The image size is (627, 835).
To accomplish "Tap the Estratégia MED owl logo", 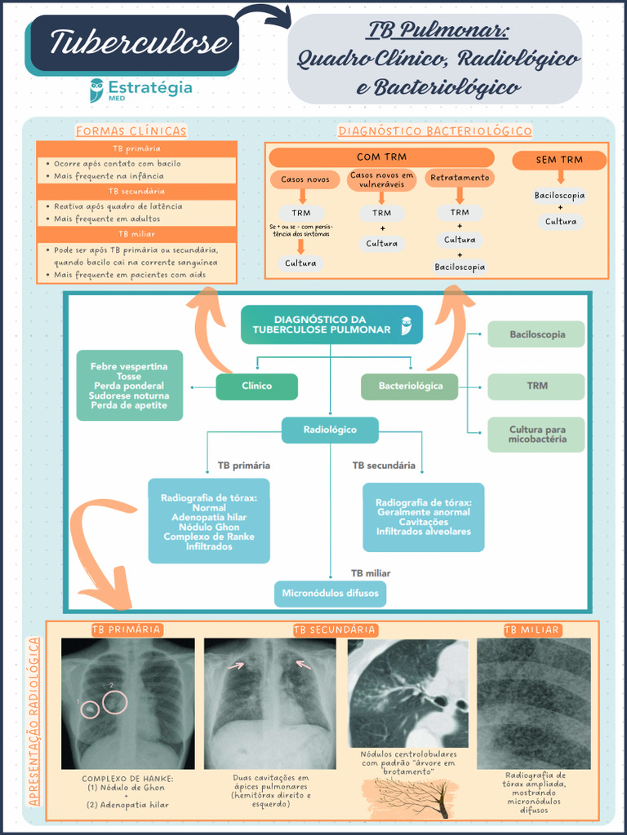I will (97, 89).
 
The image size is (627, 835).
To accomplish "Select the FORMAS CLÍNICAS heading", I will (131, 131).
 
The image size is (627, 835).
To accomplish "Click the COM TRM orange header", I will (381, 157).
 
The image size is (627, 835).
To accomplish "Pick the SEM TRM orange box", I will (559, 160).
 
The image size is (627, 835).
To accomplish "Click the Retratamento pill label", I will (460, 178).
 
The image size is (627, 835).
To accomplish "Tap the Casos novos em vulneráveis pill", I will (381, 179).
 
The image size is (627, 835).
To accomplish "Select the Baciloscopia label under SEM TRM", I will (560, 196).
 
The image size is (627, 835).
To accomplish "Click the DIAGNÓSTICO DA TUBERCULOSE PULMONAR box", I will (331, 325).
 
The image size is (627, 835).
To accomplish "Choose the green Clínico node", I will (256, 387).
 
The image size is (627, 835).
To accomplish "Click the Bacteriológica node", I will (410, 387).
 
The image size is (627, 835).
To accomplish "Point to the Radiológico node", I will (330, 430).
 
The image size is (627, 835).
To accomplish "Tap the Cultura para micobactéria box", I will (536, 435).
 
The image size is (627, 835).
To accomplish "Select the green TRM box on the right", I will (536, 387).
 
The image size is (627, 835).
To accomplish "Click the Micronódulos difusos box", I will (330, 594).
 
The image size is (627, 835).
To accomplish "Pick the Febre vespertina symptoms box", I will (129, 386).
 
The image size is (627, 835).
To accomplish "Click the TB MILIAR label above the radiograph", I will (531, 630).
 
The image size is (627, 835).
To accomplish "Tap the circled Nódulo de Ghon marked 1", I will (90, 709).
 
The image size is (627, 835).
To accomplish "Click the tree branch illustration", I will (412, 797).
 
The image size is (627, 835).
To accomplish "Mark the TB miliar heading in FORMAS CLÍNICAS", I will (136, 234).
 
